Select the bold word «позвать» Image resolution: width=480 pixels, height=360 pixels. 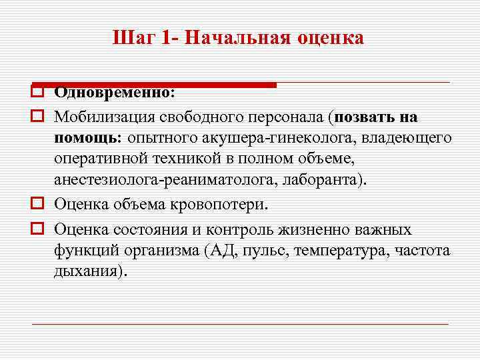[x=365, y=117]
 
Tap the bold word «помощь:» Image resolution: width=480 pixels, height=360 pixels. [x=85, y=138]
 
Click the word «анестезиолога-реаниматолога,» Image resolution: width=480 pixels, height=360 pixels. [x=166, y=181]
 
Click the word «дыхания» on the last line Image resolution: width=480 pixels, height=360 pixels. [x=85, y=273]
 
